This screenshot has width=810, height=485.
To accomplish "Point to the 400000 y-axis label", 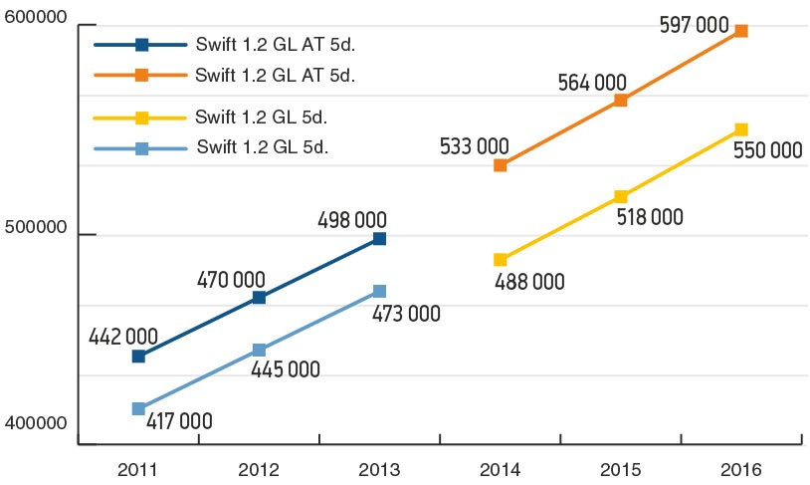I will [x=35, y=423].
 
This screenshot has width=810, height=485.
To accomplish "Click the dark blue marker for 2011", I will [x=138, y=356].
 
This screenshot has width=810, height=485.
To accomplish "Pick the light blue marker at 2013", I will [x=379, y=291].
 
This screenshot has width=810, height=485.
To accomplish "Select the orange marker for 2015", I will [x=620, y=100].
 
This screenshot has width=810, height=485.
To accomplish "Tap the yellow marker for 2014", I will [x=500, y=259].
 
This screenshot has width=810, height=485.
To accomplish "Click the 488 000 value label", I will [x=528, y=281].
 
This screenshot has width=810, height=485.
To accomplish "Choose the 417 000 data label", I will [x=180, y=419].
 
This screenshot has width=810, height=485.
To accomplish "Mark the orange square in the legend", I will [x=141, y=75].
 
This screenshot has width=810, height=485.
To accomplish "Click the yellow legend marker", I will [x=141, y=118].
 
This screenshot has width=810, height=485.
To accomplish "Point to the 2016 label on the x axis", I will [x=740, y=466].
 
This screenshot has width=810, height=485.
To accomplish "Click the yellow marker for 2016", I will [x=740, y=129].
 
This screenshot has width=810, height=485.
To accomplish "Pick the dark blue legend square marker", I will [x=141, y=44].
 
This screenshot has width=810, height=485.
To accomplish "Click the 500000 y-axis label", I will [x=35, y=228].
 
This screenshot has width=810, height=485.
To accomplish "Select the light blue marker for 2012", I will [x=259, y=350].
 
